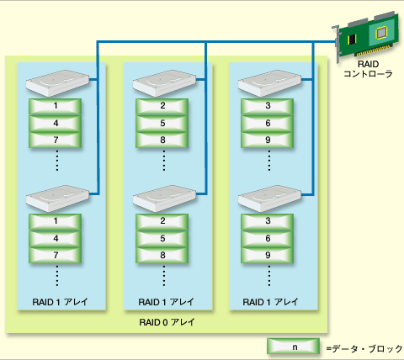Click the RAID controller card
pos(368,36)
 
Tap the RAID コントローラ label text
pos(368,69)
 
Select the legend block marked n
pos(293,347)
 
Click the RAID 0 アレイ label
pos(167,322)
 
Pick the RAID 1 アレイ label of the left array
pos(60,302)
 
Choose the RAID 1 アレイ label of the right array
pos(270,302)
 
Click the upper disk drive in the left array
pos(57,83)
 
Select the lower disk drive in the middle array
pos(164,199)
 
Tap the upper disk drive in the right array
pos(269,83)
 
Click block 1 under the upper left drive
pos(56,106)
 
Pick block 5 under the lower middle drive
pos(162,239)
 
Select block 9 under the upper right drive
pos(268,140)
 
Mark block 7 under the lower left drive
pos(56,255)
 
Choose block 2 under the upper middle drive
pos(162,106)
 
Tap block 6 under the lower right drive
pos(268,239)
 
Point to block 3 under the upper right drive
pos(268,106)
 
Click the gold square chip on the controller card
pos(381,33)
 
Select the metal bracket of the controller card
pos(336,44)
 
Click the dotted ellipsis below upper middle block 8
pos(164,161)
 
